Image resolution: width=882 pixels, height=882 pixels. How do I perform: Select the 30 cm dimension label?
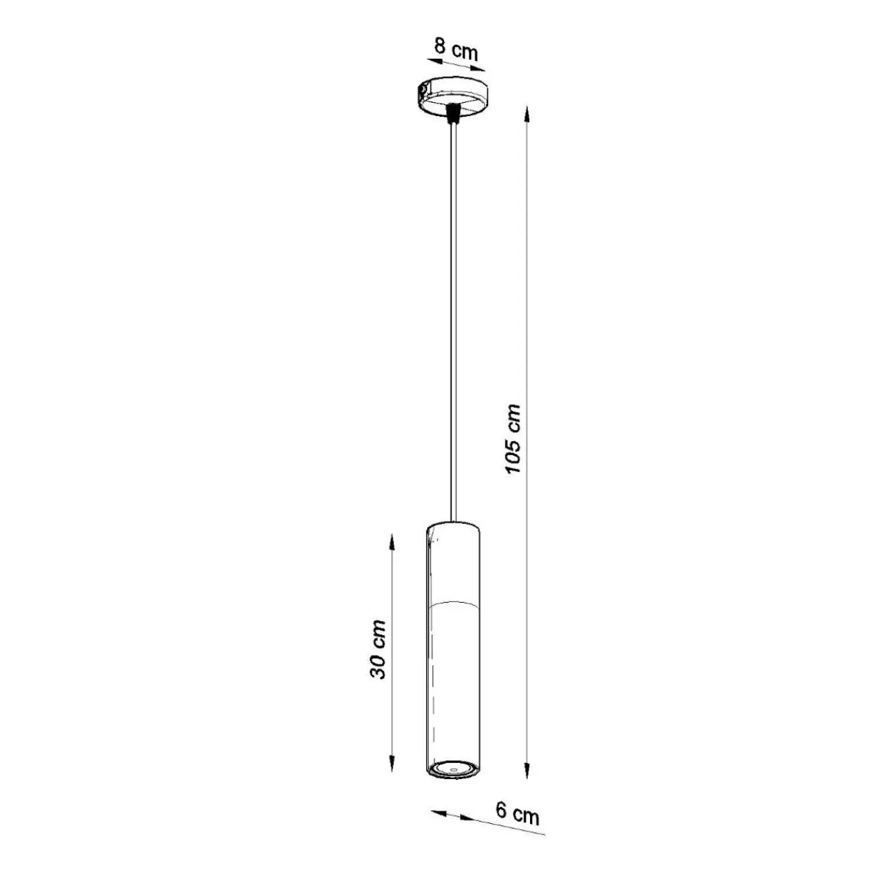coord(378,650)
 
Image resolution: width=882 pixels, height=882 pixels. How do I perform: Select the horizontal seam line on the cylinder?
coord(454,601)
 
